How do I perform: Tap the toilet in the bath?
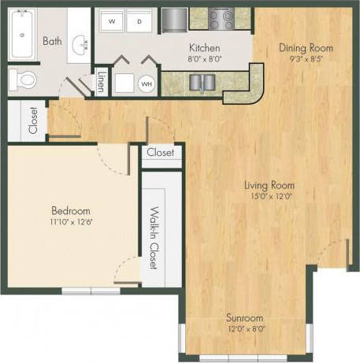(x=24, y=79)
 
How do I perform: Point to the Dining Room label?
(x=306, y=47)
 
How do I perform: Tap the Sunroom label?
(x=244, y=317)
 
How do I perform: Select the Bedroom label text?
(x=71, y=211)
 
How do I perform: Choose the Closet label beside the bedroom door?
(x=161, y=153)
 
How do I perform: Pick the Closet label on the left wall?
(x=33, y=120)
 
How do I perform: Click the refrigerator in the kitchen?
(x=174, y=17)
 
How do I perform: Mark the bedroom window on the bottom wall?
(x=91, y=291)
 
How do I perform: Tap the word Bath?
(x=53, y=41)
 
